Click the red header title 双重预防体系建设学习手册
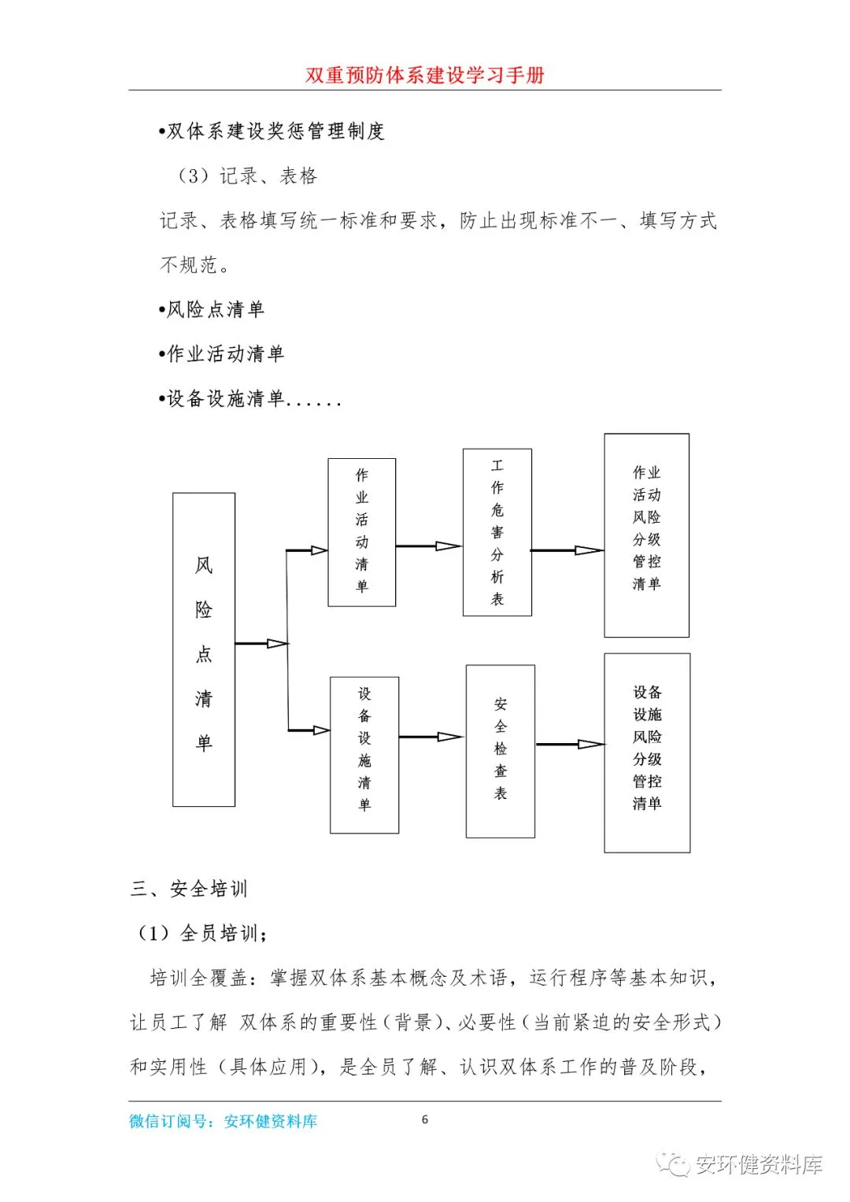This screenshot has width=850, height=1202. pyautogui.click(x=425, y=75)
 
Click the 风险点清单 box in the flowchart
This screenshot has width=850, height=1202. pyautogui.click(x=204, y=649)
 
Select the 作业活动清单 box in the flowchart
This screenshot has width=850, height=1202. pyautogui.click(x=361, y=532)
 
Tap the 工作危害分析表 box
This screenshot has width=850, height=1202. pyautogui.click(x=497, y=532)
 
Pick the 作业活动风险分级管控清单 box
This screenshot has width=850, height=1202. pyautogui.click(x=646, y=535)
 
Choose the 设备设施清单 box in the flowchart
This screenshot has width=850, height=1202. pyautogui.click(x=364, y=754)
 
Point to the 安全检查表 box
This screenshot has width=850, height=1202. pyautogui.click(x=501, y=751)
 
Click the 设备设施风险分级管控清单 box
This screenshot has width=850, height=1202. pyautogui.click(x=647, y=753)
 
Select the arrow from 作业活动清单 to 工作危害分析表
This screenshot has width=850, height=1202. pyautogui.click(x=429, y=546)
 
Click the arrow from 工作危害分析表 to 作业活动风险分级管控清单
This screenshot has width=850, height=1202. pyautogui.click(x=567, y=550)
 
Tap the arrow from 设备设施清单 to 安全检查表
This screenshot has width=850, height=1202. pyautogui.click(x=431, y=737)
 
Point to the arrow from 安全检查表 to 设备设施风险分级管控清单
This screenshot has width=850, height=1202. pyautogui.click(x=570, y=744)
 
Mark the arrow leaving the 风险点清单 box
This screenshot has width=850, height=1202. pyautogui.click(x=261, y=643)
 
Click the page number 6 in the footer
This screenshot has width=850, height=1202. pyautogui.click(x=425, y=1119)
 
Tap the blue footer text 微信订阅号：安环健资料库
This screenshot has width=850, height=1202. pyautogui.click(x=223, y=1121)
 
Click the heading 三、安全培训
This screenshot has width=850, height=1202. pyautogui.click(x=189, y=889)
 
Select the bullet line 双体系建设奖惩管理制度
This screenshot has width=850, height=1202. pyautogui.click(x=272, y=131)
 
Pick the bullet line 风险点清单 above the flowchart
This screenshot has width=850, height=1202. pyautogui.click(x=212, y=309)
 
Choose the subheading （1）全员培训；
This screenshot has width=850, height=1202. pyautogui.click(x=203, y=934)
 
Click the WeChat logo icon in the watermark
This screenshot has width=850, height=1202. pyautogui.click(x=674, y=1163)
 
